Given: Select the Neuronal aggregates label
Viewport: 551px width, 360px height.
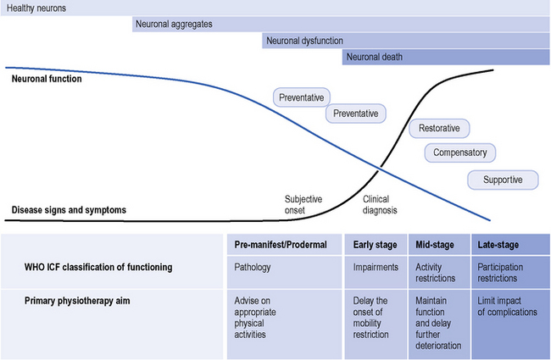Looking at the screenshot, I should [174, 24].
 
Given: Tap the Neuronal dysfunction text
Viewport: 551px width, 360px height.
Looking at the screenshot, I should [304, 41].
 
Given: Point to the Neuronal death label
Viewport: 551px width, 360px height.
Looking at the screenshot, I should [374, 58].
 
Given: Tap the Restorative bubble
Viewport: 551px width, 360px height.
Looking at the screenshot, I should [439, 129].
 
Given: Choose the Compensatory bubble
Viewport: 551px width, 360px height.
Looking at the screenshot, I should [459, 153].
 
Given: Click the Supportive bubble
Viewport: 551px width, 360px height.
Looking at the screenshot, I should [504, 180].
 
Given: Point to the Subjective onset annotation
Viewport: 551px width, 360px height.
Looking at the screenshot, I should [303, 205].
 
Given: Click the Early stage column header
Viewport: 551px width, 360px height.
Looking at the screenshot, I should [375, 245].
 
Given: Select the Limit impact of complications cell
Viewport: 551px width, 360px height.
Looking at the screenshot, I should [507, 307].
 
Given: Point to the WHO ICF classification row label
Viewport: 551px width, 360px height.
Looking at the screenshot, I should [99, 267].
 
